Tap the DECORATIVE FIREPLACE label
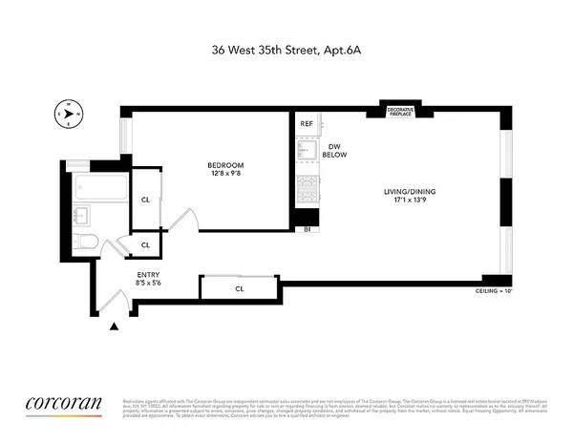point(400,111)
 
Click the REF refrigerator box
point(307,124)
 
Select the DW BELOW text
point(333,150)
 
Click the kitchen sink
point(308,152)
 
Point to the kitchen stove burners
point(308,188)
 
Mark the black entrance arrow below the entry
point(117,327)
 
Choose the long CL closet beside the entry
point(239,287)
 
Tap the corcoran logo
point(62,403)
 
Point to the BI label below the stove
point(307,230)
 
